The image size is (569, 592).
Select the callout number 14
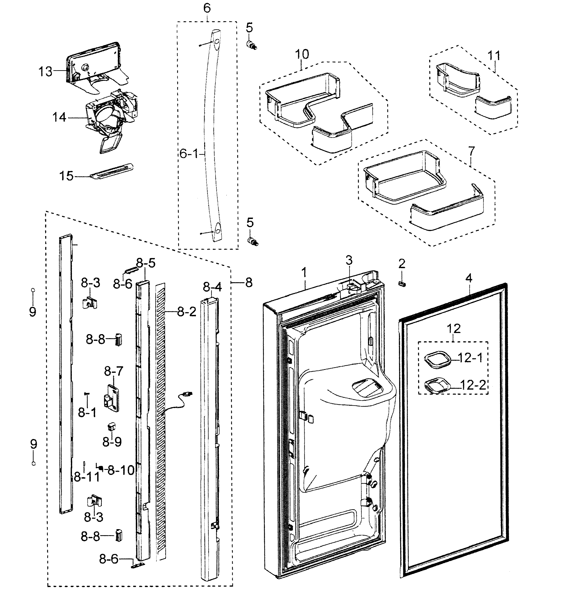point(59,117)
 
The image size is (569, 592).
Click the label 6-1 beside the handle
point(189,154)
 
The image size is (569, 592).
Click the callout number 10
point(302,54)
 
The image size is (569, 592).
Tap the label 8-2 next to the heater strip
point(186,312)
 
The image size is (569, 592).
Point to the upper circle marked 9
point(33,290)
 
